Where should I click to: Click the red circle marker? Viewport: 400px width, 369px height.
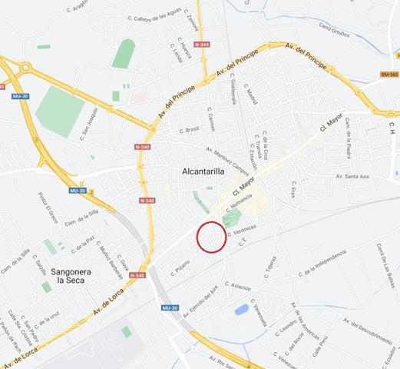211,236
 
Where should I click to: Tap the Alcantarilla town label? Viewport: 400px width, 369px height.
203,171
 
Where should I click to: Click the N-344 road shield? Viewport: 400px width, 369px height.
202,45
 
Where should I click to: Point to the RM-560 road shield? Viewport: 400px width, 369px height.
389,75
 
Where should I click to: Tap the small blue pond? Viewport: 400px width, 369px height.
242,309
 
